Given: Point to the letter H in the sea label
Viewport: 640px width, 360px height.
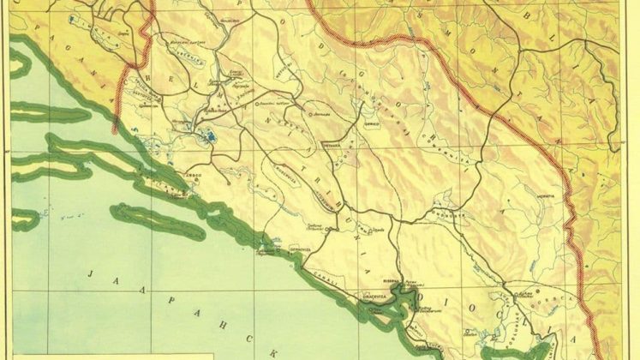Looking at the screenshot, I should click(206, 321).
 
